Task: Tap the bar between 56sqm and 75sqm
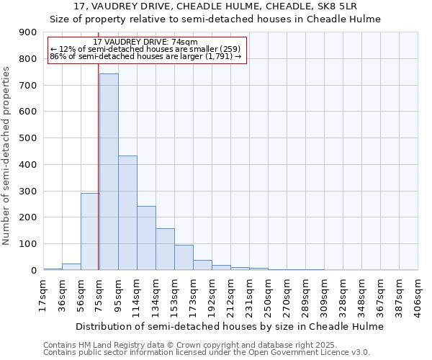coord(89,231)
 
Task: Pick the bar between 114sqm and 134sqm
coord(146,238)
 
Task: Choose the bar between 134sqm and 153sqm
coord(165,249)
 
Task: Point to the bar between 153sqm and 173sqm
coord(184,257)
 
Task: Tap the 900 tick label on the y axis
coord(28,32)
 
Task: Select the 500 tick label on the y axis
coord(28,138)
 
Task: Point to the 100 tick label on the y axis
coord(28,244)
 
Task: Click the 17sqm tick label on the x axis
coord(43,294)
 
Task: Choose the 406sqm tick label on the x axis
coord(418,294)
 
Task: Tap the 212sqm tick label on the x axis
coord(230,294)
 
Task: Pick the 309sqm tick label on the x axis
coord(324,294)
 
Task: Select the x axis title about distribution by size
coord(230,326)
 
